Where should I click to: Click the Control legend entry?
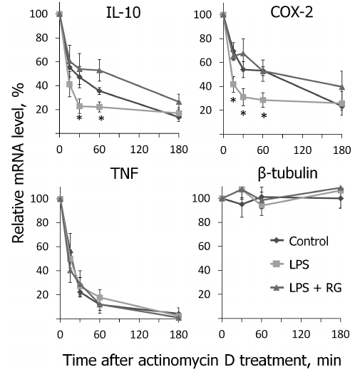tap(309, 240)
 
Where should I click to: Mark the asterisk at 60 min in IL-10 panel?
tap(101, 118)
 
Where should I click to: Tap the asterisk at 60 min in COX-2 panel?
tap(264, 115)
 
